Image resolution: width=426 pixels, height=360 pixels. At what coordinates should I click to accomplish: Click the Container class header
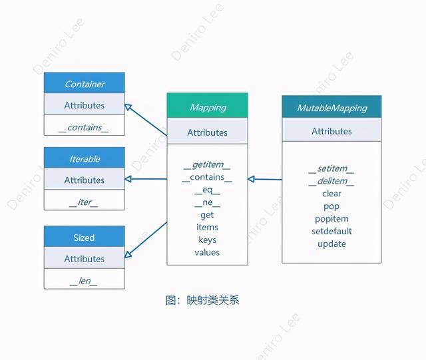85,84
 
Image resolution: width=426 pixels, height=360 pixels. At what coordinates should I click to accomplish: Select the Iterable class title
85,159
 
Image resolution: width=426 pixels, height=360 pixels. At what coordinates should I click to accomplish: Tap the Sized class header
85,238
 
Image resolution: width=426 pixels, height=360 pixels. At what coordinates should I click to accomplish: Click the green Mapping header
207,107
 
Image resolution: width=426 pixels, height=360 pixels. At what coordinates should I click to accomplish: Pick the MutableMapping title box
331,108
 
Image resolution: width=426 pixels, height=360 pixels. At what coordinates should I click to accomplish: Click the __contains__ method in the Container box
84,127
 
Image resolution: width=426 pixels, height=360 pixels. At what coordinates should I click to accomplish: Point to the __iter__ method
84,202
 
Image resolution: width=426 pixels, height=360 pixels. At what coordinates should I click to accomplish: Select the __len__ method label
84,281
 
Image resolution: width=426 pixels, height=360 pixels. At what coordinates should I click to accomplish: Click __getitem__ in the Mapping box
207,165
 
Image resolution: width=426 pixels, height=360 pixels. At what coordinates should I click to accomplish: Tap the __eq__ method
207,190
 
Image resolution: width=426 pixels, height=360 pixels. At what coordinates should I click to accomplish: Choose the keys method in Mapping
207,240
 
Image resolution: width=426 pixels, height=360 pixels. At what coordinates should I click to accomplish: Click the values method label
207,252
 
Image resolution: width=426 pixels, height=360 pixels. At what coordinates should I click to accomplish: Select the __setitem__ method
331,169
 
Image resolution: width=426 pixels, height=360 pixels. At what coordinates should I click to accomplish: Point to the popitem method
331,219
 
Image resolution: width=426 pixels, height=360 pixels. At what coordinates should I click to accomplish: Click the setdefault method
331,231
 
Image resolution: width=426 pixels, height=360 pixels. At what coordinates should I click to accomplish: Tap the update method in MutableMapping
331,244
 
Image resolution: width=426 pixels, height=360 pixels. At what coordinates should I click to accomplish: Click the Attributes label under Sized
85,259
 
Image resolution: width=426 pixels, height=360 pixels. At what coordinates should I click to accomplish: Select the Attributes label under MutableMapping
331,131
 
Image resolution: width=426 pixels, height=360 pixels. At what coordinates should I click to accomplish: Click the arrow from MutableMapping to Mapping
265,179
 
